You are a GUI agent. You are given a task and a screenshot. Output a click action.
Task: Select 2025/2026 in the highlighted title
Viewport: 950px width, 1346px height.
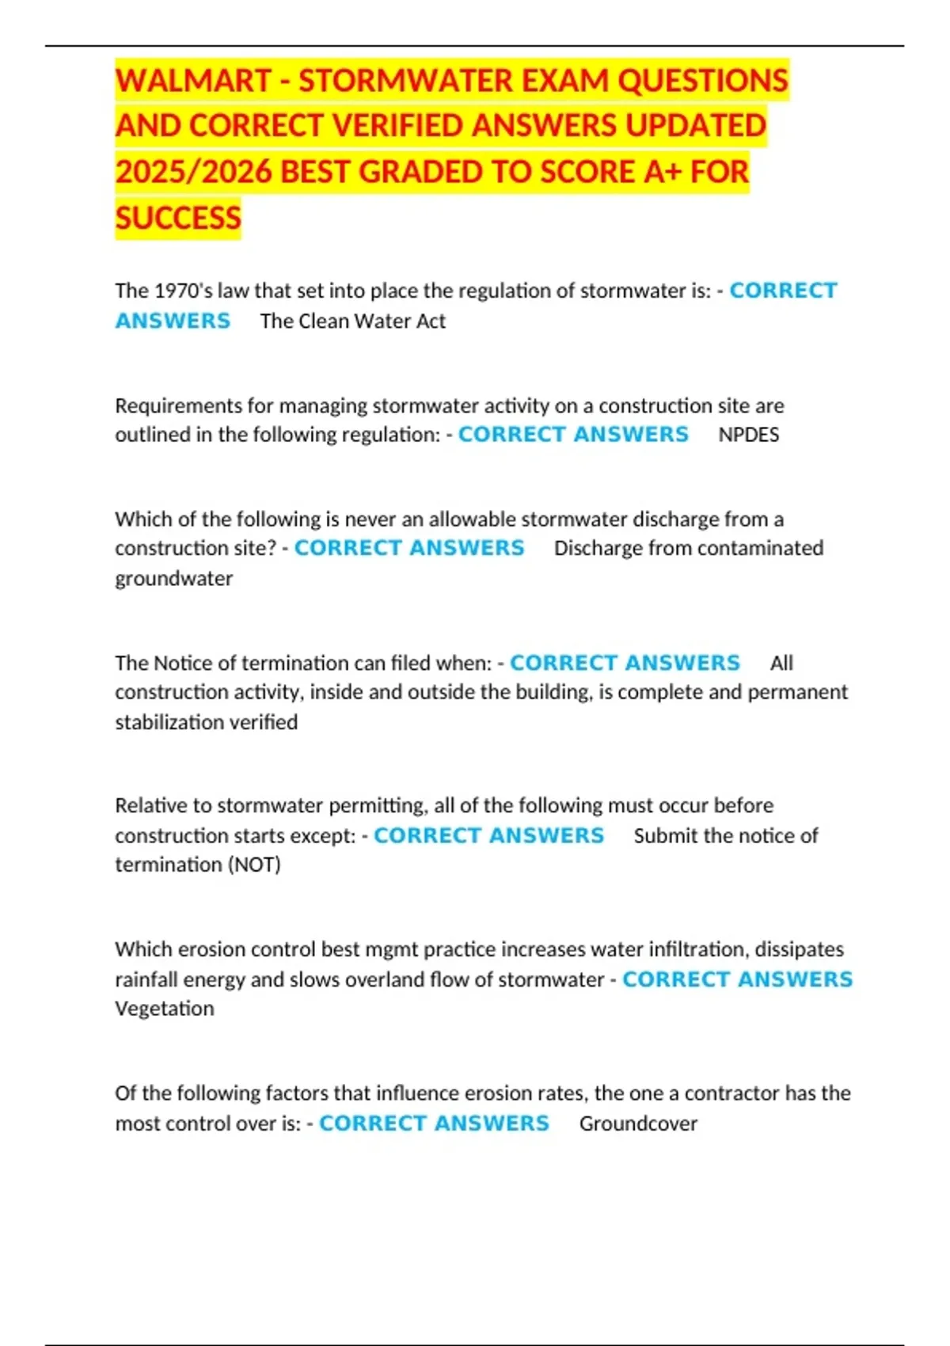point(194,172)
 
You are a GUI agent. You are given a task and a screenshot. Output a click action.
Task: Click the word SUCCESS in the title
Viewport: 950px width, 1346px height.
point(178,218)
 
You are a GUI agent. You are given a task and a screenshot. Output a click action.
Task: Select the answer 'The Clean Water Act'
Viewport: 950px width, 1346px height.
point(352,321)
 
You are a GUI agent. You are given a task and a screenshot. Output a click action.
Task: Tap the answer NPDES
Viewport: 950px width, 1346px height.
point(748,435)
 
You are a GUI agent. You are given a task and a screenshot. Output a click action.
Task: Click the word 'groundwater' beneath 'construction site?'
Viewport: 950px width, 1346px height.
point(173,578)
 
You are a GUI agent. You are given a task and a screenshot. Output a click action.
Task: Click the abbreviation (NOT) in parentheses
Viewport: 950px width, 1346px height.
point(254,865)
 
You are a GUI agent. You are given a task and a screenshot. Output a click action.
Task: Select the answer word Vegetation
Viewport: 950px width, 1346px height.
point(164,1009)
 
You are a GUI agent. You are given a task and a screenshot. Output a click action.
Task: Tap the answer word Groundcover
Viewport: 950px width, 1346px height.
point(638,1124)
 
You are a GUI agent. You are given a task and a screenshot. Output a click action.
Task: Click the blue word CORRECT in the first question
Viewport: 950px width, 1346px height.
point(783,291)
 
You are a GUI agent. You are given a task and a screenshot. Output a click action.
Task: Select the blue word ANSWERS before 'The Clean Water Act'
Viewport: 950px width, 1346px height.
point(173,321)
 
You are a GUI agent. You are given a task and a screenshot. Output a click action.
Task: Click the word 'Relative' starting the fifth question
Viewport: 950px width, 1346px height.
point(152,805)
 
